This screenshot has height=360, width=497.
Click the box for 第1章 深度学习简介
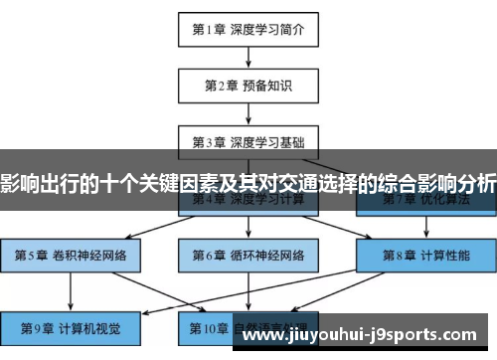[248, 29]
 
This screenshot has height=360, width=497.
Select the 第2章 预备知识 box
[248, 85]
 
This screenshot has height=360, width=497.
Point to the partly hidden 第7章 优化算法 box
[426, 203]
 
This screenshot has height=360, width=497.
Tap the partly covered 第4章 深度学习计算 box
[248, 203]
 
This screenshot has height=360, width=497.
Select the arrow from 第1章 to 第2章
[248, 57]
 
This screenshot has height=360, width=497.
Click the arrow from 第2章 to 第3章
[248, 112]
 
